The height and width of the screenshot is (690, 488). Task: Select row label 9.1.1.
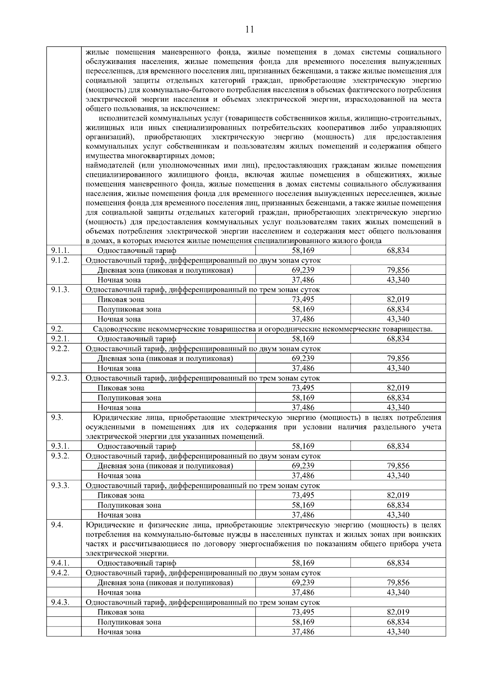tap(60, 250)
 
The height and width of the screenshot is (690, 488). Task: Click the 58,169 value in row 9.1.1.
tap(303, 250)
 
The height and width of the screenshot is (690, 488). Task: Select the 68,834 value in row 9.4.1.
tap(398, 563)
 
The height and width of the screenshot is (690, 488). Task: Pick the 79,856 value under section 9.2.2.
tap(398, 359)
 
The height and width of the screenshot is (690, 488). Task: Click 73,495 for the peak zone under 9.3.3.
tap(303, 495)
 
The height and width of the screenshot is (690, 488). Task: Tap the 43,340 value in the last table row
tap(398, 632)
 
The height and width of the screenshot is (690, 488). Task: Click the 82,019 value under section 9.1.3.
tap(398, 300)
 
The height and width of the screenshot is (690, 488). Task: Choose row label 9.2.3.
tap(60, 378)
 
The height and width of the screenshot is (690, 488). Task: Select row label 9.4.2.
tap(60, 572)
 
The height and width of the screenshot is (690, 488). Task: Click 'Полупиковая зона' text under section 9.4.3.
tap(129, 622)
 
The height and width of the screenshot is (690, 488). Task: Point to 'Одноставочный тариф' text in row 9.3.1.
tap(137, 446)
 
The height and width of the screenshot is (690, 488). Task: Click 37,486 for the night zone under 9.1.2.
tap(303, 280)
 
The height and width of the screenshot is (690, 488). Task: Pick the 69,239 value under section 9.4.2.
tap(303, 583)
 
